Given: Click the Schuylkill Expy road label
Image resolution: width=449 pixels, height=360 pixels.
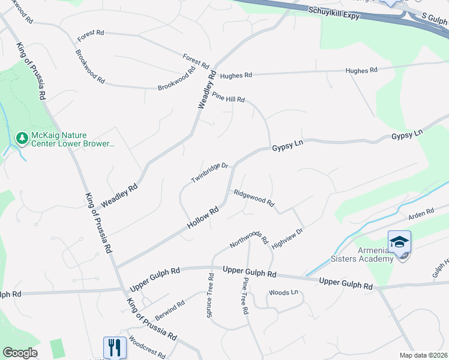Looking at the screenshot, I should pos(334,13).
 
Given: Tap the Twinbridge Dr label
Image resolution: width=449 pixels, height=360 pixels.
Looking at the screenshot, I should pos(209,173).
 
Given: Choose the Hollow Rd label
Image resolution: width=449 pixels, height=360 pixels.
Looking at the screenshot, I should pos(204,218).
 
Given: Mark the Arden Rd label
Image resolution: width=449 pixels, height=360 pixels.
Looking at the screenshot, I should pos(421,213).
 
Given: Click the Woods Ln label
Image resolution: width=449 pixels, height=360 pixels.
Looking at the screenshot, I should pos(283,292).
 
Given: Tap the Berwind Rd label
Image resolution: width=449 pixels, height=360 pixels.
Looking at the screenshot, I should pos(170,311).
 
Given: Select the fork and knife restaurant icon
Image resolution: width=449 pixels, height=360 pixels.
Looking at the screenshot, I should pos(115,347).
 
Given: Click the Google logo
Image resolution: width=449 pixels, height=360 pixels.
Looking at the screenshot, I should pos(20,353).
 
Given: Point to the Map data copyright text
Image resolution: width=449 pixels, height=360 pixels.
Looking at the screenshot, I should pos(424,355).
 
